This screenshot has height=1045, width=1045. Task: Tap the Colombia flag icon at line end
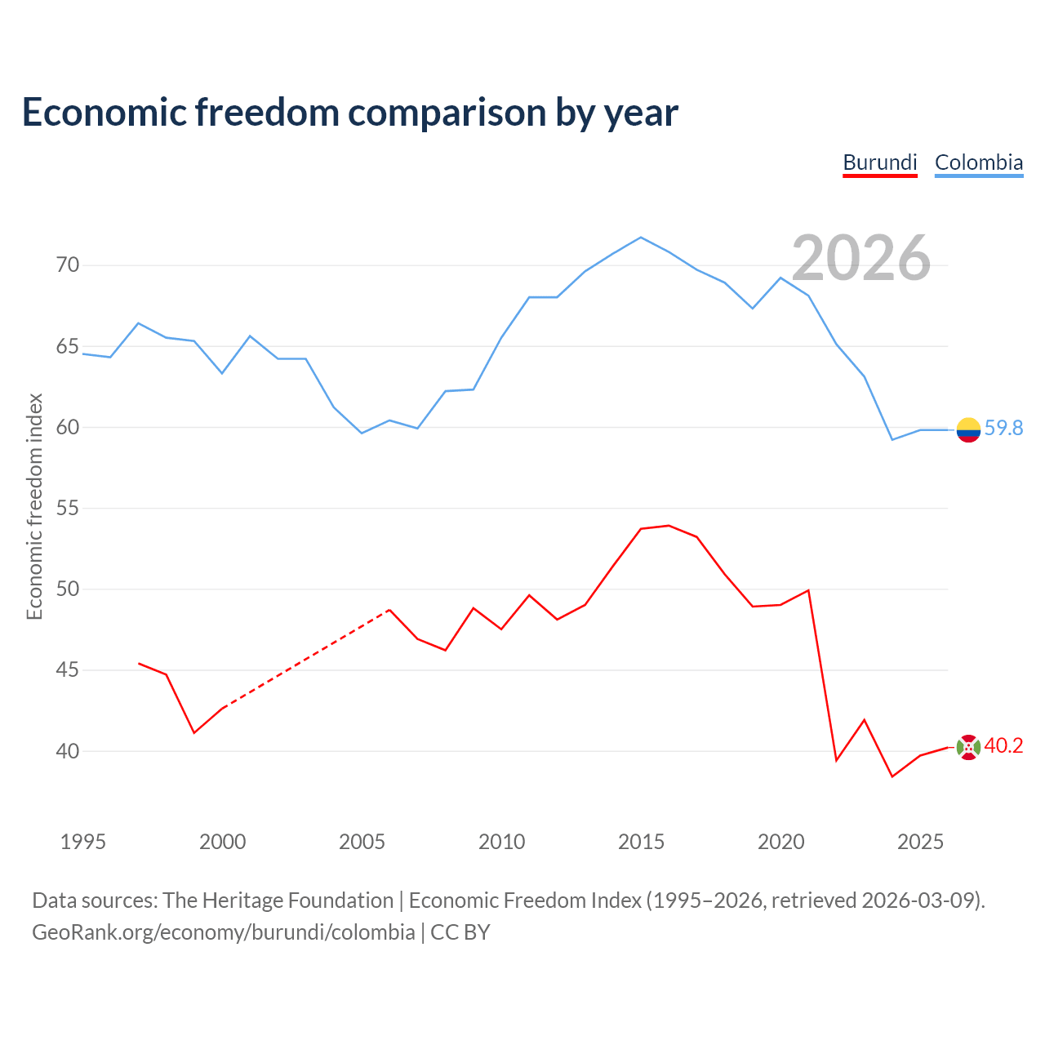click(x=968, y=430)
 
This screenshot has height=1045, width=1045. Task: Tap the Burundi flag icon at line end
click(x=968, y=747)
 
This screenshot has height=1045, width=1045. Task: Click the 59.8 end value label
click(x=1003, y=428)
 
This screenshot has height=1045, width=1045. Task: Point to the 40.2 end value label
click(x=1003, y=745)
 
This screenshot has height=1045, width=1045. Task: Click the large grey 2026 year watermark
click(x=861, y=258)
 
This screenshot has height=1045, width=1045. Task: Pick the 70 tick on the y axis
click(x=68, y=265)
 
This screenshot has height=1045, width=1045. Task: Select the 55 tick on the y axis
click(x=68, y=508)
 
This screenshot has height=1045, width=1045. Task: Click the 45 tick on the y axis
click(x=68, y=669)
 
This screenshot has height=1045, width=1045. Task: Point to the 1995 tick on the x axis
click(x=83, y=842)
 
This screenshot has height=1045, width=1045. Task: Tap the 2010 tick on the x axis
click(x=501, y=842)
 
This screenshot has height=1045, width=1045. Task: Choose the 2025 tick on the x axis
click(x=920, y=842)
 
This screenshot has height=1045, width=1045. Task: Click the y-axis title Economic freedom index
click(x=35, y=506)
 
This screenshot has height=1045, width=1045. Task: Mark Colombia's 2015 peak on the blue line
click(x=640, y=238)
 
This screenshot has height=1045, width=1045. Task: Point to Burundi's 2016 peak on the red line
click(x=669, y=526)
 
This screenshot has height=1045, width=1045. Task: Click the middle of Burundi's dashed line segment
click(x=306, y=659)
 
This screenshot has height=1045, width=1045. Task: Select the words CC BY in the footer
click(x=460, y=932)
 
